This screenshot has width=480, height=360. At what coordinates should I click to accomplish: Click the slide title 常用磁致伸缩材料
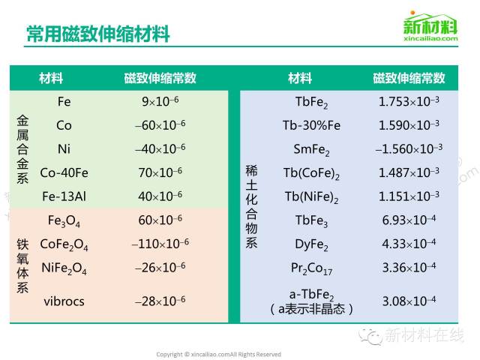click(x=98, y=33)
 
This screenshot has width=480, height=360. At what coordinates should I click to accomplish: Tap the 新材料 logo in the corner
click(x=430, y=26)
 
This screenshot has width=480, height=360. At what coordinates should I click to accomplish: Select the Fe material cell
click(x=64, y=102)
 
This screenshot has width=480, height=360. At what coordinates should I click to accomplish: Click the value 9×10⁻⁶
click(x=160, y=101)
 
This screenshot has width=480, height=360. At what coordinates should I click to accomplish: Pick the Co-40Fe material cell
click(x=64, y=172)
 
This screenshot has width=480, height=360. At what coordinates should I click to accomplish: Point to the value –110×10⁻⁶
click(x=160, y=244)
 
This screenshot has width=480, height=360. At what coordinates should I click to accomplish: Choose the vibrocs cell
click(x=64, y=301)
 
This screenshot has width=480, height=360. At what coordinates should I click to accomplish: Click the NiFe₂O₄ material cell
click(x=64, y=268)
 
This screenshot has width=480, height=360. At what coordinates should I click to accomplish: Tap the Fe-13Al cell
click(x=64, y=196)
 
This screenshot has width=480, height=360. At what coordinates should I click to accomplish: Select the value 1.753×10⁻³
click(x=409, y=101)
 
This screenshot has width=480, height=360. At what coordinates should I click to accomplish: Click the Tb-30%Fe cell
click(x=311, y=125)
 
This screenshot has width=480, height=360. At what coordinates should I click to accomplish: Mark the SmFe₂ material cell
click(x=311, y=150)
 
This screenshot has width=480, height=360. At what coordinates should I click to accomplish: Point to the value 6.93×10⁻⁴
click(x=409, y=220)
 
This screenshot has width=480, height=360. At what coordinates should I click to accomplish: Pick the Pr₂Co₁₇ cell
click(x=311, y=268)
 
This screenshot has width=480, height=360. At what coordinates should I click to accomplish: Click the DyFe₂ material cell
click(x=311, y=244)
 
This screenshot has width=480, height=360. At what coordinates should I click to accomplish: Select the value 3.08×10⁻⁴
click(x=409, y=301)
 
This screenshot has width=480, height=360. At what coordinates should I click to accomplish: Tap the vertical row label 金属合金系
click(x=22, y=149)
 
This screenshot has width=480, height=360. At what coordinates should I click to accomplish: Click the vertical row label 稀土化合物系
click(x=251, y=207)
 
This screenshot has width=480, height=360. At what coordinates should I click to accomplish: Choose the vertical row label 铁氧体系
click(x=22, y=265)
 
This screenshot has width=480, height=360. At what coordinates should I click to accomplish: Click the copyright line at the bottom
click(x=218, y=355)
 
